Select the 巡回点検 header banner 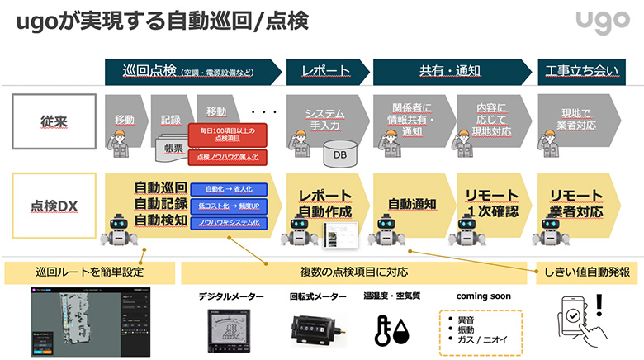point(192,71)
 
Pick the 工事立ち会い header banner point(580,71)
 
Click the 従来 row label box point(50,121)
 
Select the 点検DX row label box point(50,203)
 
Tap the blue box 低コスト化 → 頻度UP point(226,206)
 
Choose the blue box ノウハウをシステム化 point(226,223)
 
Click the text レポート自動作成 point(325,203)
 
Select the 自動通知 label point(411,203)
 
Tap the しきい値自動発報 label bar point(587,272)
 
